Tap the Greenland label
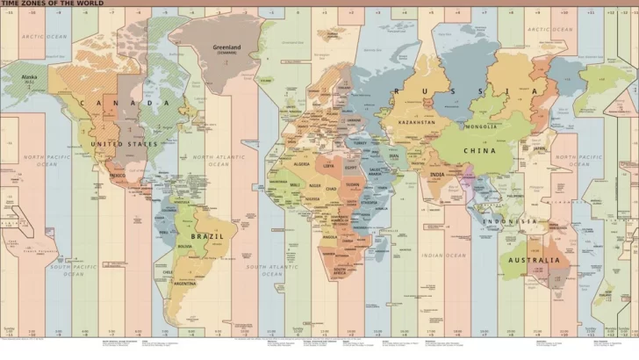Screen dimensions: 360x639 point(226,47)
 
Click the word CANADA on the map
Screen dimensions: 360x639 point(125,103)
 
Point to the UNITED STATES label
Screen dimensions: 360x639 point(125,144)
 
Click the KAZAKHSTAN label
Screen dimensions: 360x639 point(416,122)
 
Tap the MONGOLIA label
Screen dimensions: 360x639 point(482,126)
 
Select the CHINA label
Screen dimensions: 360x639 point(479,150)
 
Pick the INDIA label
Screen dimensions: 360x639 point(437,175)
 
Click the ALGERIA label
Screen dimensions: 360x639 point(302,164)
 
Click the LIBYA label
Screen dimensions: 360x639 point(329,164)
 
